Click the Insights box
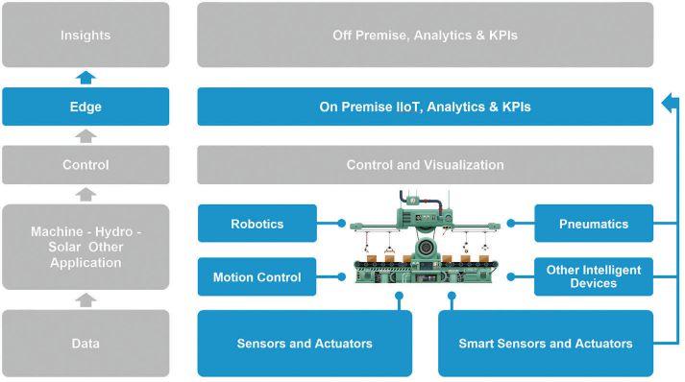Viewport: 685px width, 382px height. pyautogui.click(x=86, y=35)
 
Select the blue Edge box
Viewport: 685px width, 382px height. pyautogui.click(x=86, y=107)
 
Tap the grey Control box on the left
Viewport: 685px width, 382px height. pyautogui.click(x=86, y=164)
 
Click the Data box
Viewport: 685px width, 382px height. pyautogui.click(x=86, y=344)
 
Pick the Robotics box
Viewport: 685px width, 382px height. pyautogui.click(x=257, y=223)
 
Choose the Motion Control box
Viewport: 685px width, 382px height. pyautogui.click(x=257, y=276)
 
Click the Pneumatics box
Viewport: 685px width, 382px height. pyautogui.click(x=594, y=223)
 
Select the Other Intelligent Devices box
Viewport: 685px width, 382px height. pyautogui.click(x=594, y=276)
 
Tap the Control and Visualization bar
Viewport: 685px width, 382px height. pyautogui.click(x=425, y=164)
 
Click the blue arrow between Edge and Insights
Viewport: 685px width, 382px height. pyautogui.click(x=86, y=78)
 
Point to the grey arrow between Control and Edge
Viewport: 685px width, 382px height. pyautogui.click(x=86, y=135)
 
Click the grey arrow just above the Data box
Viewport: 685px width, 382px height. pyautogui.click(x=86, y=299)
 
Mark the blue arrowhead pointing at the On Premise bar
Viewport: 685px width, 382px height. pyautogui.click(x=667, y=104)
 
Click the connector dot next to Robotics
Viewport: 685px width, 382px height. pyautogui.click(x=342, y=223)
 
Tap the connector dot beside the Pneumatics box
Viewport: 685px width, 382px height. pyautogui.click(x=511, y=223)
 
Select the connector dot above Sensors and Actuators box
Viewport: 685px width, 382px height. pyautogui.click(x=399, y=296)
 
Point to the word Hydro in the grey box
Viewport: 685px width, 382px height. pyautogui.click(x=113, y=231)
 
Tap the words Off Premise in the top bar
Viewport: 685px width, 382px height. pyautogui.click(x=369, y=36)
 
